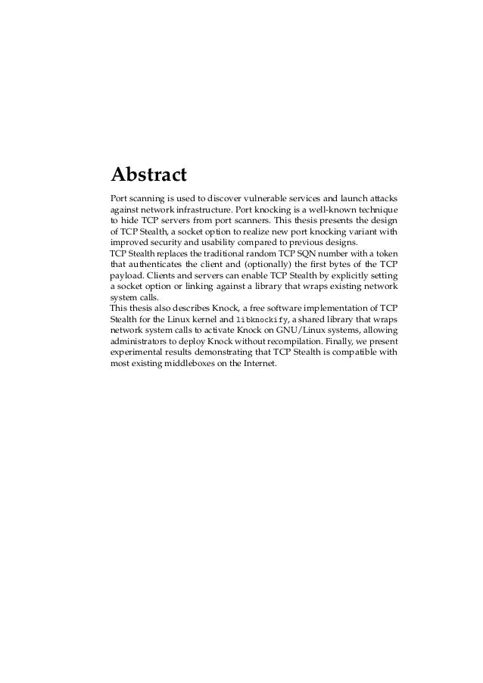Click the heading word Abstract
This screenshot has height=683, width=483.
[148, 175]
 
